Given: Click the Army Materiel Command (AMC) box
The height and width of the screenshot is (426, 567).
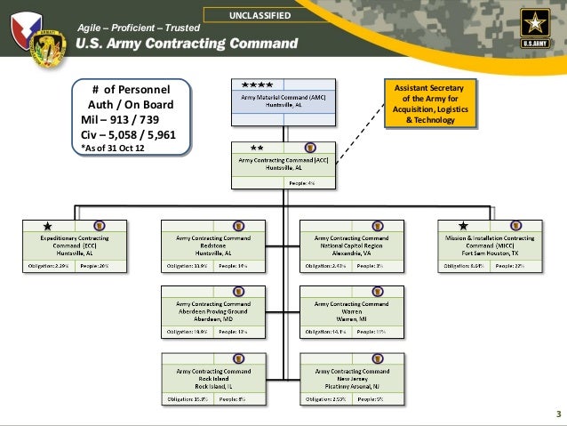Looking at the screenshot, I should click(283, 99).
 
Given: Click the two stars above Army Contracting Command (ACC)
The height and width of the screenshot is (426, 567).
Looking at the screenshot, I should click(257, 148).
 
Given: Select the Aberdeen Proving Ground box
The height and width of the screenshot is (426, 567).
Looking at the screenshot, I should click(212, 310).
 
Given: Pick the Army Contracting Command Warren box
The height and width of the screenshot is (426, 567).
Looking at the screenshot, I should click(352, 310).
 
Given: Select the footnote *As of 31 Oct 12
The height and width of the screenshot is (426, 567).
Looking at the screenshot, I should click(111, 148).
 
